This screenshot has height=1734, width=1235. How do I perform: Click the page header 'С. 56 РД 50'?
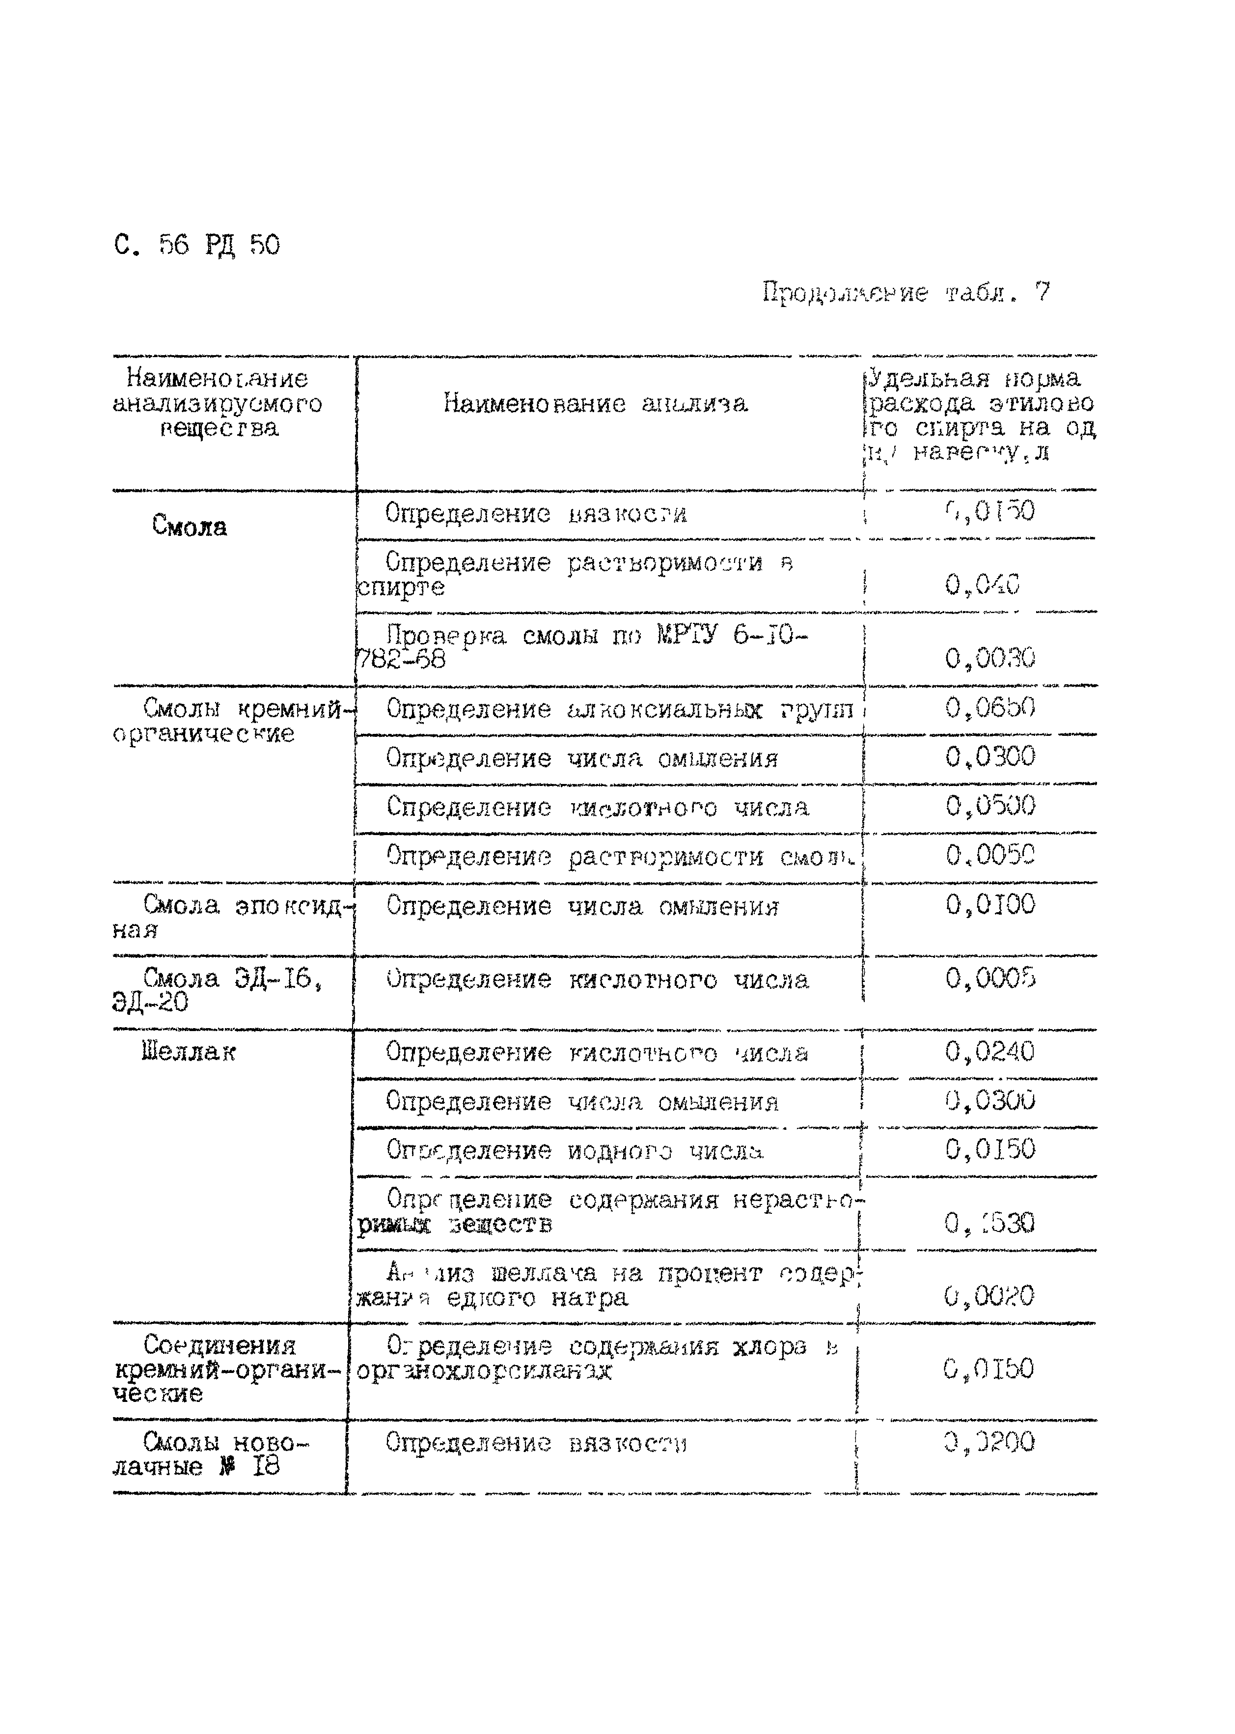pos(197,245)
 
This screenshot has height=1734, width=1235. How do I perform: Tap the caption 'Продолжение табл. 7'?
pos(905,293)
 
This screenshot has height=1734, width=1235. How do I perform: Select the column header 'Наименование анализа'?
pos(596,403)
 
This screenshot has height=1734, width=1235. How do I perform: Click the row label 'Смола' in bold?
pos(190,526)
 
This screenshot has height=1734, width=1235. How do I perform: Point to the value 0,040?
pos(982,584)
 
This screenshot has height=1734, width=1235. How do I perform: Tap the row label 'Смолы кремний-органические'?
pos(228,721)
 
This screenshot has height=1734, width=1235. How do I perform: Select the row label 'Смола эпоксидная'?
pos(228,917)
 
